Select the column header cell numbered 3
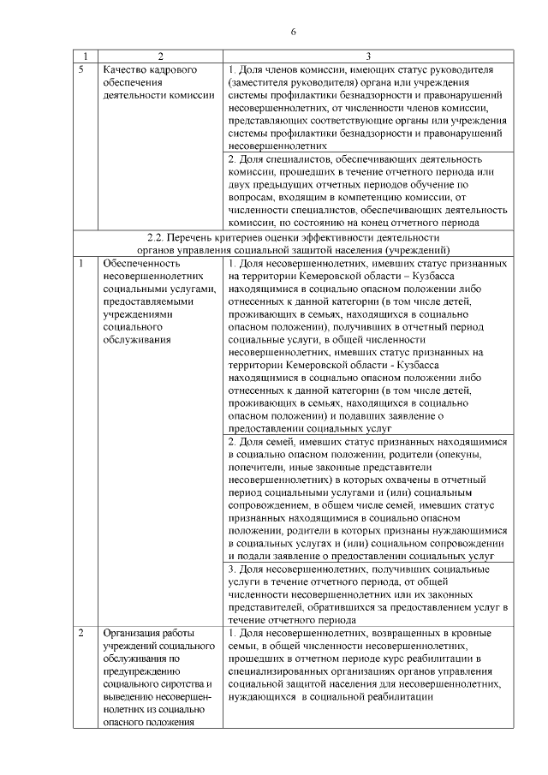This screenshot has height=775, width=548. coord(368,54)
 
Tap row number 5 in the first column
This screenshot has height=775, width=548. coord(80,68)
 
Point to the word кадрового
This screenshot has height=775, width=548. coord(170,68)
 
